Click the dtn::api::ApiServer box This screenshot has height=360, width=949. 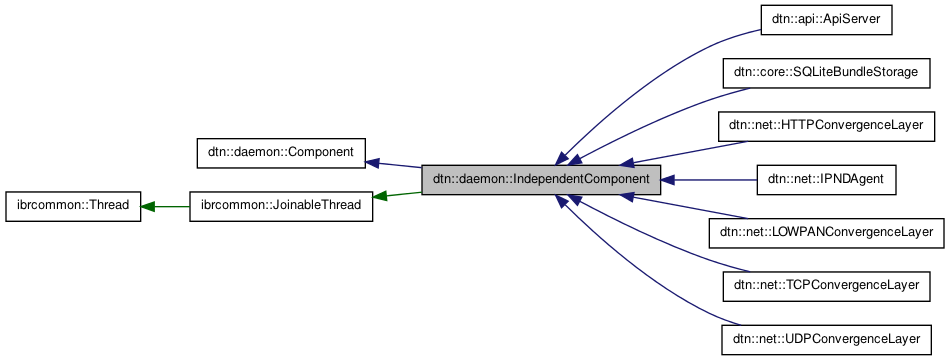825,19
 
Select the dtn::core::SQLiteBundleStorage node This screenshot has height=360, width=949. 825,73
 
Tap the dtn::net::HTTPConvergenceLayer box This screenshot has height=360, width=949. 825,126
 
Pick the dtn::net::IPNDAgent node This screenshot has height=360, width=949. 825,180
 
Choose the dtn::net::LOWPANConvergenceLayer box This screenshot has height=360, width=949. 825,234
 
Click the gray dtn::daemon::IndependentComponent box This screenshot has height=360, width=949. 541,180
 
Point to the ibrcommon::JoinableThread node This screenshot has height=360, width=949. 281,207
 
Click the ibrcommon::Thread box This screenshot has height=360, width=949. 73,207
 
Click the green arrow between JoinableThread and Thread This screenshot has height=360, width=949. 165,207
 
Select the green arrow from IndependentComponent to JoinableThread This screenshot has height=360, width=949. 398,193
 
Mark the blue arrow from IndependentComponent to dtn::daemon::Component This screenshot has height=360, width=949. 395,164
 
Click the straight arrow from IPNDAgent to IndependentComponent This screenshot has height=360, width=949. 710,180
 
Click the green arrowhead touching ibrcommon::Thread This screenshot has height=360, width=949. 148,207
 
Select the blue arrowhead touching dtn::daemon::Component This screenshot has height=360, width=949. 373,162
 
